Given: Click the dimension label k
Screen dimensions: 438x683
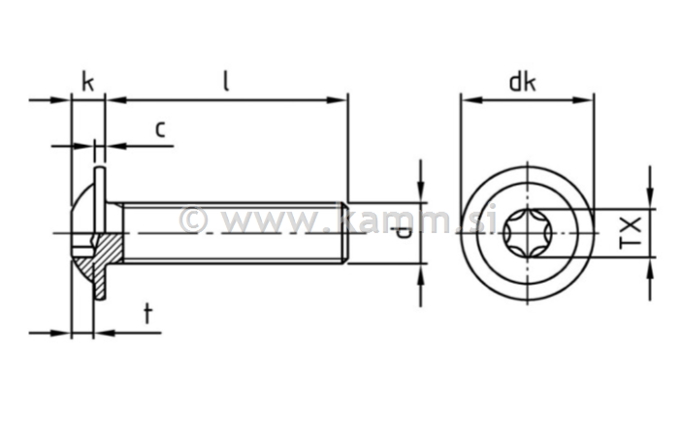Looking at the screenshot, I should [87, 82].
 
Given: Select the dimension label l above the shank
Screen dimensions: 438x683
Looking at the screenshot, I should [225, 82].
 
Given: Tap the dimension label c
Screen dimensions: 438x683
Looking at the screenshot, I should [161, 128].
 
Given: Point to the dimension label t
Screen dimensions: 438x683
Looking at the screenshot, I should [147, 313].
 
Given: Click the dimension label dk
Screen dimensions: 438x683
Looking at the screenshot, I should [523, 82].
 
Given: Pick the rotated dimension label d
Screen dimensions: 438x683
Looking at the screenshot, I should [404, 231].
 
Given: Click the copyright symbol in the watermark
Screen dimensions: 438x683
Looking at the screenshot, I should [193, 219].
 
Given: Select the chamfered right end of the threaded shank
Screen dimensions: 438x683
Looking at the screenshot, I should [343, 233].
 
